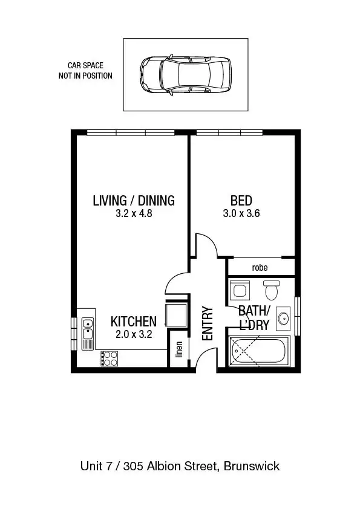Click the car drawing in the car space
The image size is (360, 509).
pyautogui.click(x=186, y=75)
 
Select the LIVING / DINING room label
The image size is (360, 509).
pyautogui.click(x=133, y=201)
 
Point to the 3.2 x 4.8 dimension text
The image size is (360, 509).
pyautogui.click(x=133, y=213)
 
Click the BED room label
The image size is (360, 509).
pyautogui.click(x=241, y=201)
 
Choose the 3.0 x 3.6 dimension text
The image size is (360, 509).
pyautogui.click(x=241, y=213)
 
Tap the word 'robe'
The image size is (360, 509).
pyautogui.click(x=260, y=267)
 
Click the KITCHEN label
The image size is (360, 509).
pyautogui.click(x=133, y=322)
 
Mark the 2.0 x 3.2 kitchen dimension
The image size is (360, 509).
pyautogui.click(x=133, y=333)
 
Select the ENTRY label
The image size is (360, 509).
pyautogui.click(x=208, y=323)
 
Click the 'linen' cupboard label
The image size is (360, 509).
pyautogui.click(x=179, y=350)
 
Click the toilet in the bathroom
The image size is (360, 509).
pyautogui.click(x=271, y=290)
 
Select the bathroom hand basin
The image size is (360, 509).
pyautogui.click(x=283, y=317)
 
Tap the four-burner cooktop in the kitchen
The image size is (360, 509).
pyautogui.click(x=110, y=359)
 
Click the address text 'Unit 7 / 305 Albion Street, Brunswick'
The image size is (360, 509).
pyautogui.click(x=180, y=466)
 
